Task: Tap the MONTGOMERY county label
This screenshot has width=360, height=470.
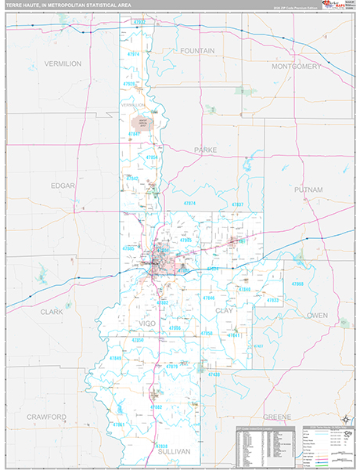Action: [297, 67]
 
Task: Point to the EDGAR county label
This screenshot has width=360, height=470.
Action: [63, 186]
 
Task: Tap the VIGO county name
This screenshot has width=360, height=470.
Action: [147, 323]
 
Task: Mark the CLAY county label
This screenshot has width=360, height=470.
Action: [225, 311]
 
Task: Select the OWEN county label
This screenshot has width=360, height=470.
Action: [317, 315]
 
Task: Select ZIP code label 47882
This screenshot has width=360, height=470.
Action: [155, 407]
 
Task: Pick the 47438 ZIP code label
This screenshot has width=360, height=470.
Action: [214, 374]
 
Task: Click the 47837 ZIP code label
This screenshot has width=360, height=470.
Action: [238, 204]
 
